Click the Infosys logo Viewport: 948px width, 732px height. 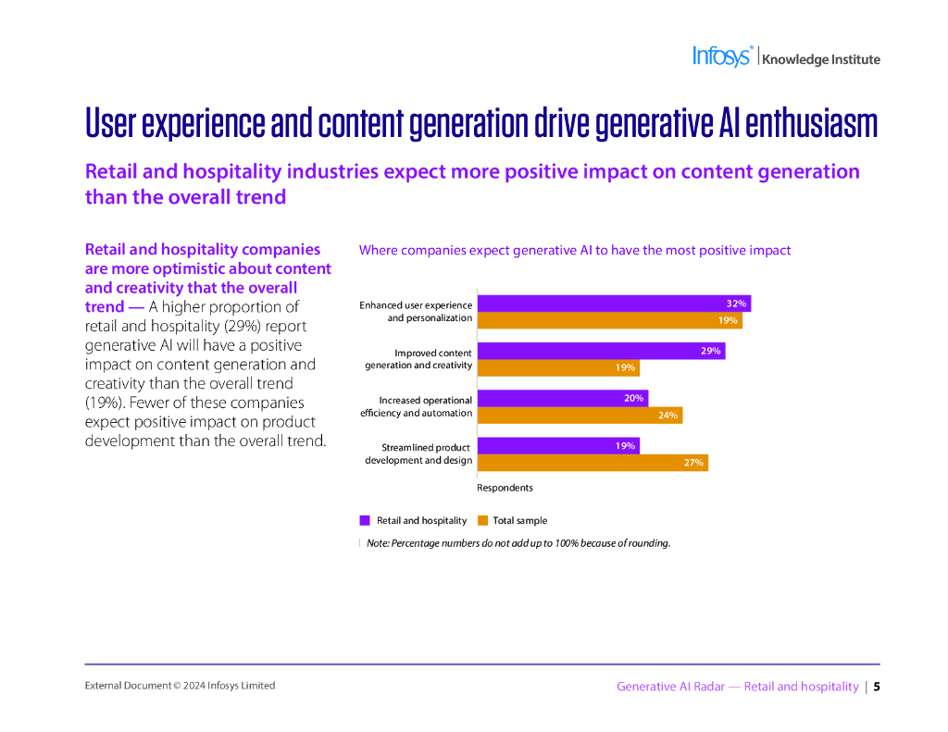click(x=723, y=56)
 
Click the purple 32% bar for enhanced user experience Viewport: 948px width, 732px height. click(x=613, y=304)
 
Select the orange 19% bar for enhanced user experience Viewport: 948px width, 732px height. click(x=609, y=320)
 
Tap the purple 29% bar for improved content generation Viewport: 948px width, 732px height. click(x=601, y=351)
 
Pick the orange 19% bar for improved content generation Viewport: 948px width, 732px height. click(x=557, y=367)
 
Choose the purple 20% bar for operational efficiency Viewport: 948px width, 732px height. click(x=562, y=398)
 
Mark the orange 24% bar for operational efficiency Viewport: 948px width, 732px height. click(x=580, y=415)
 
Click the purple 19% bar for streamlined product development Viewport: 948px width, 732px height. click(x=557, y=445)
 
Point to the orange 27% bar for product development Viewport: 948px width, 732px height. click(x=592, y=462)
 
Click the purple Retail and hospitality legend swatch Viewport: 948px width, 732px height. click(x=365, y=520)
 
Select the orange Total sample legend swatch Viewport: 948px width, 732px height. click(x=482, y=520)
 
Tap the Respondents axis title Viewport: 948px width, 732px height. click(x=505, y=488)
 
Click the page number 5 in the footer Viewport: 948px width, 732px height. click(x=877, y=687)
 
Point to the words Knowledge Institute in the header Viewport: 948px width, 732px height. click(x=821, y=60)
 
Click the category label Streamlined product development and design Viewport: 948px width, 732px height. click(x=418, y=453)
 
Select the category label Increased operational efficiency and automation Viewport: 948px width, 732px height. click(x=417, y=406)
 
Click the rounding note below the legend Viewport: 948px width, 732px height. click(x=518, y=543)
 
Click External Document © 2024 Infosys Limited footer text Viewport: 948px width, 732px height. click(x=180, y=686)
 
